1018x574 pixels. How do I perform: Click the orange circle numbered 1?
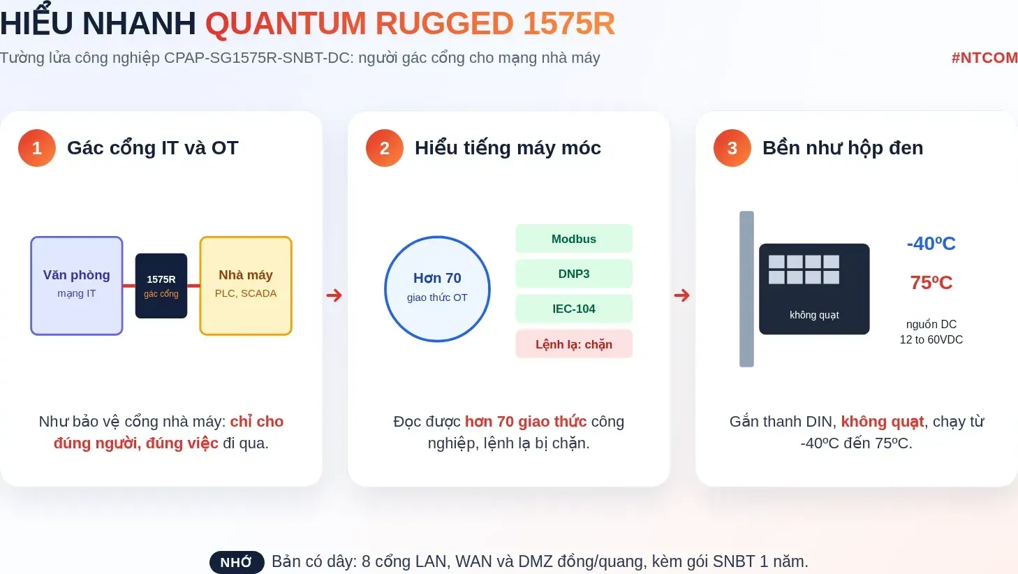[x=37, y=148]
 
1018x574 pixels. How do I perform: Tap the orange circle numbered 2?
[x=385, y=148]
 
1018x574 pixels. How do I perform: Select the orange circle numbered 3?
[x=732, y=148]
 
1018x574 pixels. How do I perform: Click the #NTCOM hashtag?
[x=984, y=58]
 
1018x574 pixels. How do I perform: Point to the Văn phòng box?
[x=77, y=286]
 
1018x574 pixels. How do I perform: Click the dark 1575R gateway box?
[x=161, y=286]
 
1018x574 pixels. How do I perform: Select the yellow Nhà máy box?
[x=246, y=286]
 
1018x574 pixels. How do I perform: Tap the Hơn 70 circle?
[x=437, y=288]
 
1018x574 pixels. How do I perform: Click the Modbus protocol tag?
[x=574, y=239]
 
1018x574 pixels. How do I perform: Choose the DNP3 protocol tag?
[x=574, y=274]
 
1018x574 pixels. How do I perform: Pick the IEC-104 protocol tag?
[x=574, y=309]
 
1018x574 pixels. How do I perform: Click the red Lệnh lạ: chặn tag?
[x=574, y=344]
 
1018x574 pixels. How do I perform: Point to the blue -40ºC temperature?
[x=931, y=244]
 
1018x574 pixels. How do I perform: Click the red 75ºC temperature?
[x=931, y=283]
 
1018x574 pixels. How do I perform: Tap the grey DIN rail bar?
[x=746, y=289]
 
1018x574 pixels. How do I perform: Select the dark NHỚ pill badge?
[x=237, y=562]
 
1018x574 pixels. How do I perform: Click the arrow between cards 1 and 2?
[x=334, y=295]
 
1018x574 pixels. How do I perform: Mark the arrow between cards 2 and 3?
[x=681, y=295]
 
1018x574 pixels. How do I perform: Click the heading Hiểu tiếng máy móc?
[x=508, y=148]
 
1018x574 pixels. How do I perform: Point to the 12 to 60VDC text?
[x=931, y=339]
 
